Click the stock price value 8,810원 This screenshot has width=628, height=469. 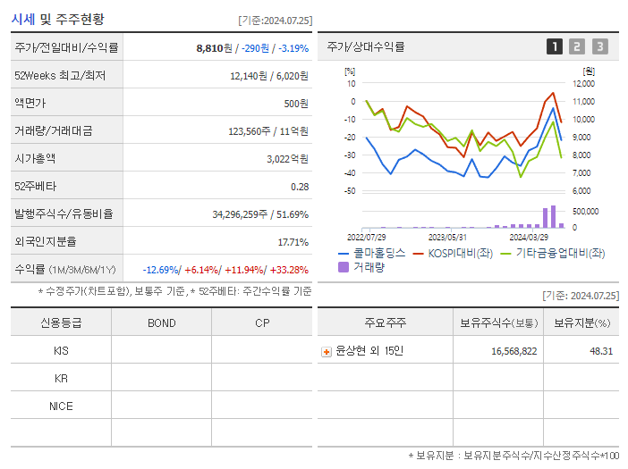click(214, 48)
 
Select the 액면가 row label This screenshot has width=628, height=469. click(32, 104)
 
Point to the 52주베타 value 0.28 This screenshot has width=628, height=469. click(299, 187)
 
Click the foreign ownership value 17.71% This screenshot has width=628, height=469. click(293, 242)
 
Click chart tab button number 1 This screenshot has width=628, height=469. click(555, 47)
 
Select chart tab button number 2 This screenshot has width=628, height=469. click(577, 47)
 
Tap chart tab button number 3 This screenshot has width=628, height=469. click(599, 47)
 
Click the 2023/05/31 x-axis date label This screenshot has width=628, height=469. click(447, 238)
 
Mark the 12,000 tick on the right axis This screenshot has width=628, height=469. click(582, 84)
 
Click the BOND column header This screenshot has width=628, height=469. click(161, 323)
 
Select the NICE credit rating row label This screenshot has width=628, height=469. click(61, 406)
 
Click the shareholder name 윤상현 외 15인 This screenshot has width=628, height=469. click(369, 351)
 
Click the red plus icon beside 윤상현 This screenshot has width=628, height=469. click(327, 352)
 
